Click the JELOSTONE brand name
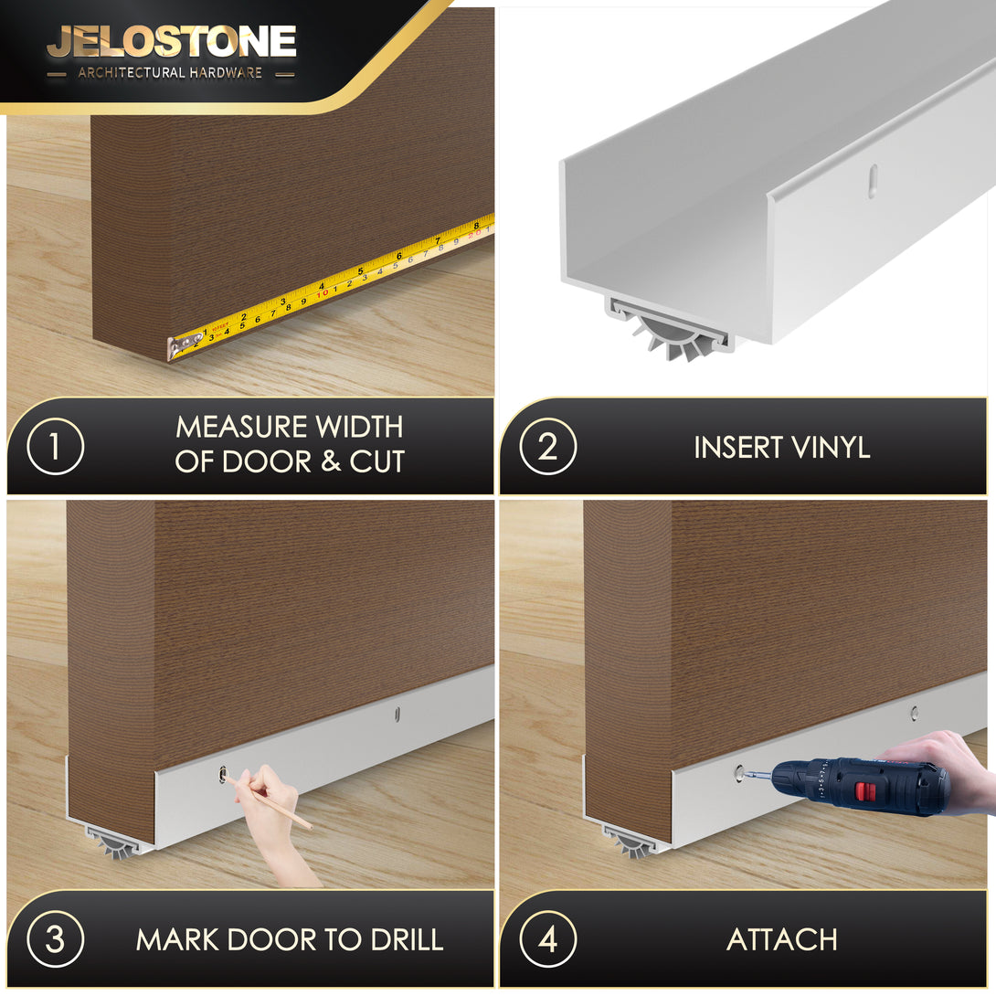[172, 42]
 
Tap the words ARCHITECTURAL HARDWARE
[170, 73]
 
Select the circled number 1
[55, 446]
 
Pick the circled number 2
[547, 446]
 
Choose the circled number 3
[55, 938]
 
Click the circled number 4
[547, 938]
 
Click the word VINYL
[831, 447]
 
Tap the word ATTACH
[782, 939]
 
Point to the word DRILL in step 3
[408, 939]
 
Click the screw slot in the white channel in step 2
[874, 180]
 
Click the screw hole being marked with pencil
[222, 774]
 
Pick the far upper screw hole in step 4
[914, 713]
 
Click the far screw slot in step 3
[397, 715]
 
